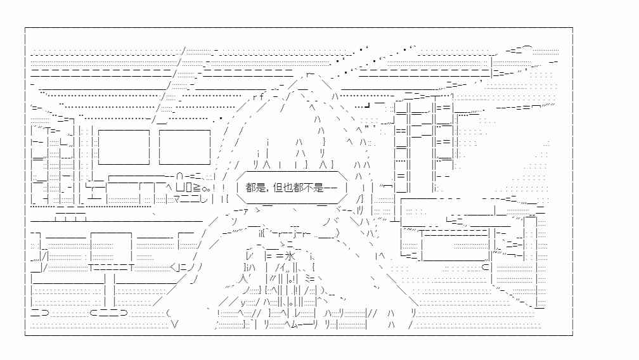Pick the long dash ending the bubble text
click(x=330, y=188)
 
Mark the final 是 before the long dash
click(x=319, y=188)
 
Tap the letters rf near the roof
click(x=259, y=97)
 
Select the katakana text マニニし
click(x=191, y=199)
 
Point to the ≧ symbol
click(x=197, y=188)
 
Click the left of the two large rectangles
click(x=124, y=147)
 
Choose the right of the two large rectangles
click(x=184, y=147)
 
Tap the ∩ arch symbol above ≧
click(x=180, y=177)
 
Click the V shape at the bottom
click(x=175, y=325)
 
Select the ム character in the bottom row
click(x=295, y=325)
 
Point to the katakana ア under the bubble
click(x=245, y=211)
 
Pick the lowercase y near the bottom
click(x=243, y=302)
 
